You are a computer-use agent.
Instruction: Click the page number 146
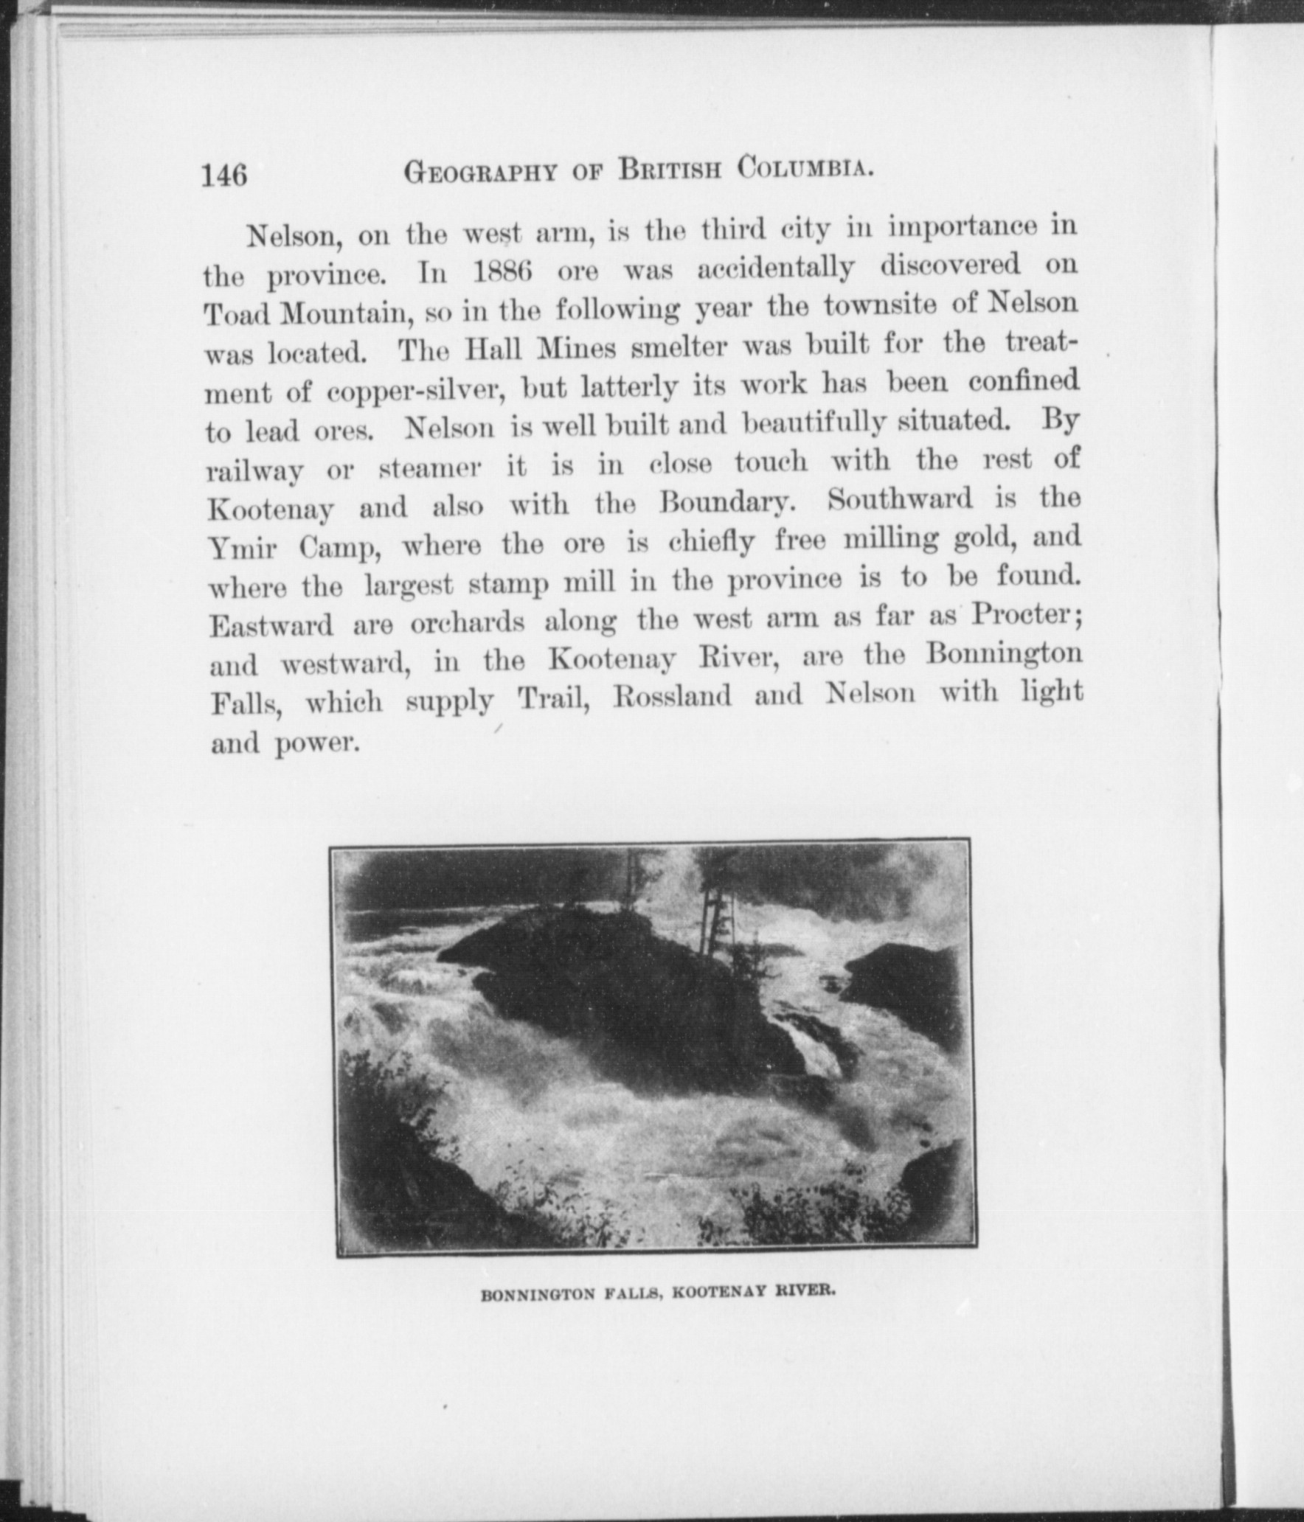(x=225, y=177)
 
